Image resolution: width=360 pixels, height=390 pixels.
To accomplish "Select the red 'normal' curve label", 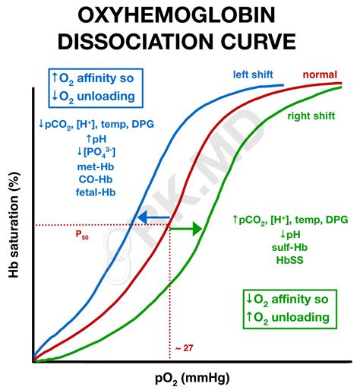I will tap(320, 75).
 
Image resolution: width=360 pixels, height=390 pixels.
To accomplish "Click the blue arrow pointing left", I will tap(151, 218).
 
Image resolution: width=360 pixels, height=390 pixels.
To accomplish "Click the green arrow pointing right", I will tap(185, 228).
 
